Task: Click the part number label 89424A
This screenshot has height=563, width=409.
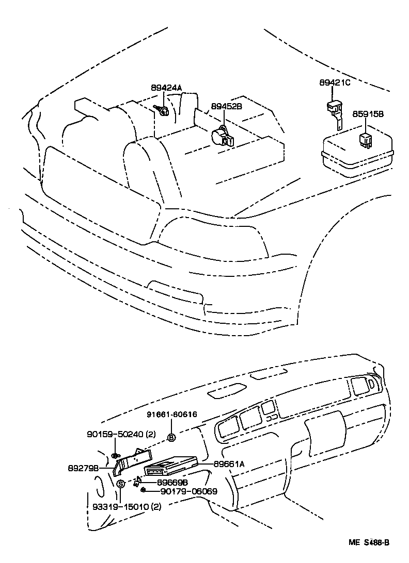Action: pos(166,88)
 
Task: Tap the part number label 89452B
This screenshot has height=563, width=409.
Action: pos(226,107)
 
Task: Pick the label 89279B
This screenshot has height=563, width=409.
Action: pos(84,469)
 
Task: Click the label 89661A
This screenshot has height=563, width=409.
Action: pos(229,464)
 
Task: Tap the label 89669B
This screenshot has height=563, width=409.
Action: pos(172,482)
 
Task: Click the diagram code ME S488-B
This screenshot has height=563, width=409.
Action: pos(368,542)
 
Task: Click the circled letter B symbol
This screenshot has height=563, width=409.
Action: pos(171,438)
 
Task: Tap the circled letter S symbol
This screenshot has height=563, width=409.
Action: pos(120,484)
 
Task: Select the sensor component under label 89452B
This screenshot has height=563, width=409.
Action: pos(222,136)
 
